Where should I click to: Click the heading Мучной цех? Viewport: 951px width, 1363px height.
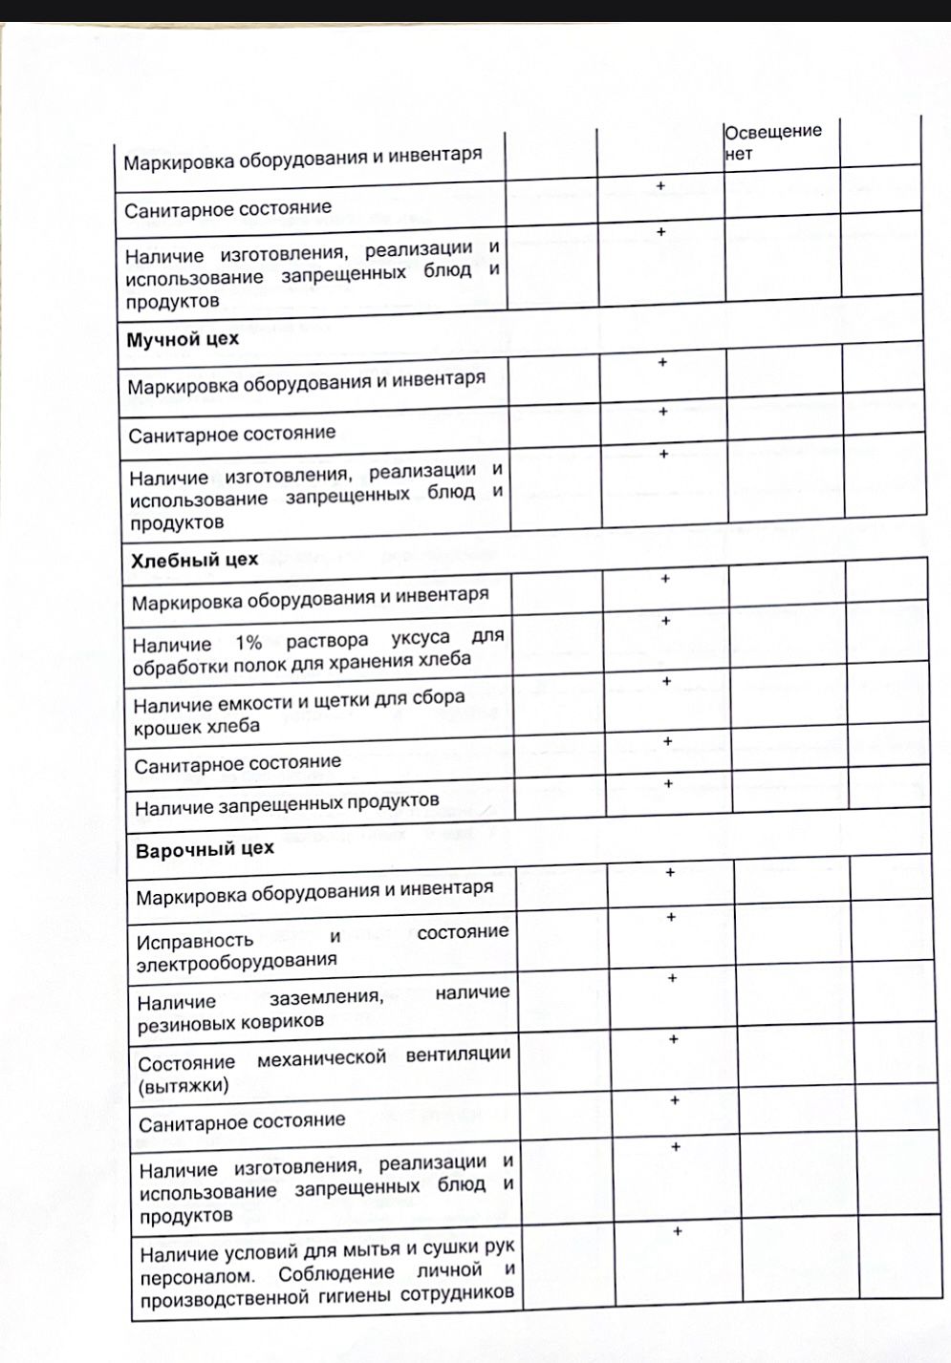[183, 339]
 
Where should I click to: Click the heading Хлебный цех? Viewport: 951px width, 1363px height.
[194, 560]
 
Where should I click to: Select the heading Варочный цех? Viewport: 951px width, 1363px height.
[205, 849]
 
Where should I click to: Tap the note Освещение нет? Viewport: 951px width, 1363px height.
[772, 141]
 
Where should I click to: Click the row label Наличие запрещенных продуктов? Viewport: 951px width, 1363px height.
[287, 804]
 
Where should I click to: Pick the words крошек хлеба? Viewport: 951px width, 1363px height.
[196, 727]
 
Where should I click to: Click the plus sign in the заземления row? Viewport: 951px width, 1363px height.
[672, 978]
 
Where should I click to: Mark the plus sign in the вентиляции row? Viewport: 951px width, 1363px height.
[673, 1038]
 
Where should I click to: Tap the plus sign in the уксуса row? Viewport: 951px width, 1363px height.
[666, 621]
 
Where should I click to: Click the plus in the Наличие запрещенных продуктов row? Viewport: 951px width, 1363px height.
[668, 783]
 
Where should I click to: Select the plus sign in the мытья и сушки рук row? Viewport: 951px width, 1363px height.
[677, 1231]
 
